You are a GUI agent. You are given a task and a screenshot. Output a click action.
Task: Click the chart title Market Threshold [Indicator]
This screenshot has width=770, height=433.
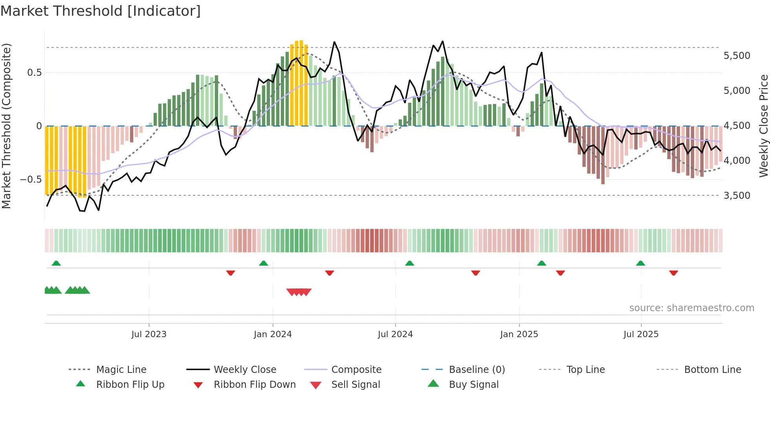pos(101,11)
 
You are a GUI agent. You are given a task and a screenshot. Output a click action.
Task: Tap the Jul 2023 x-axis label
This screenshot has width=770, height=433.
pos(149,334)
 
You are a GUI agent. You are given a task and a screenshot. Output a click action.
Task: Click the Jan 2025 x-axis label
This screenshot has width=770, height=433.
pos(519,334)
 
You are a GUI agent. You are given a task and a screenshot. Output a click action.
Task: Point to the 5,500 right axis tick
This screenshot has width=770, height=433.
pos(737,56)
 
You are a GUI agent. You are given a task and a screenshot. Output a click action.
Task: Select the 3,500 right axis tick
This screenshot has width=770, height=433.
pos(737,196)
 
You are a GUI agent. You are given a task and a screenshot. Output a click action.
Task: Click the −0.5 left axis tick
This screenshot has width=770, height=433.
pos(31,180)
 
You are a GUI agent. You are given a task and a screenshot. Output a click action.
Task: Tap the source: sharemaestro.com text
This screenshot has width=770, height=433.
pos(691,308)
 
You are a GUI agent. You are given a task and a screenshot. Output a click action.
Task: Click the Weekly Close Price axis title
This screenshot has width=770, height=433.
pos(763,126)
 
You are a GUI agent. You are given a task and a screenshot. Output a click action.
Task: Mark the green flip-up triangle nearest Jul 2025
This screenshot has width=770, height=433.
pos(640,263)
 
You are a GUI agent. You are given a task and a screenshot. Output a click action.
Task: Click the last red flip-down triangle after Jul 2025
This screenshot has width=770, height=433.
pos(673,273)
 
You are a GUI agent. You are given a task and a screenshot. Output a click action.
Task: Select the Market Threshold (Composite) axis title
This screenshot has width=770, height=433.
pos(6,126)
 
